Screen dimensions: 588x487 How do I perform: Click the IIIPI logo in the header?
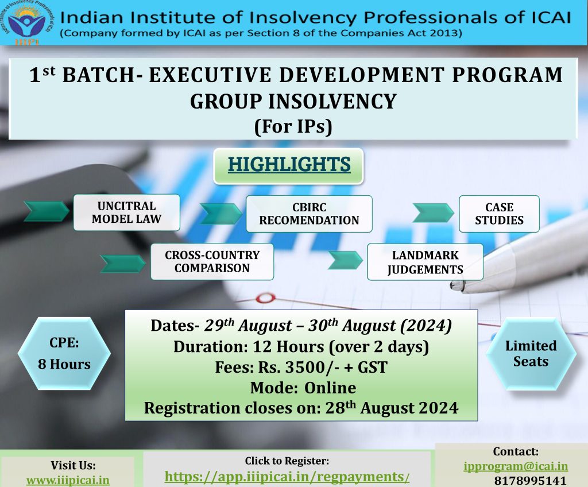coord(26,24)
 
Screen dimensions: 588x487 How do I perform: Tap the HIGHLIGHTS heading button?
coord(289,165)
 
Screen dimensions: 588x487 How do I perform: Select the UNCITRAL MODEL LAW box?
coord(127,212)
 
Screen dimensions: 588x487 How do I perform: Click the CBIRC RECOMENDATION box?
coord(309,214)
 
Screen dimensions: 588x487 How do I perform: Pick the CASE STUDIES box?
coord(499,214)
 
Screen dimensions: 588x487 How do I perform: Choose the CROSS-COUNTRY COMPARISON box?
coord(212,261)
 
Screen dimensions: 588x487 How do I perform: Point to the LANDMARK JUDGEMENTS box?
coord(425,262)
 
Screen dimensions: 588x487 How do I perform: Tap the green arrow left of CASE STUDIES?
coord(433,212)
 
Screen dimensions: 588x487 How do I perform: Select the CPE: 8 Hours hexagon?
coord(64,353)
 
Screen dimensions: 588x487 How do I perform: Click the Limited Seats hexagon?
coord(531,353)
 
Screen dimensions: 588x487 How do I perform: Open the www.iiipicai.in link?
coord(68,480)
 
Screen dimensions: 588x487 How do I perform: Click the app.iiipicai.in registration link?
coord(287,477)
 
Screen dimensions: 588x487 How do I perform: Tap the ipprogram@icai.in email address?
coord(516,466)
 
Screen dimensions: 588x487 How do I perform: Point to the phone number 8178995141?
coord(530,480)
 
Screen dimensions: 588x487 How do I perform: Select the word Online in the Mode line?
coord(330,388)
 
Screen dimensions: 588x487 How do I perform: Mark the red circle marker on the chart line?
coord(265,298)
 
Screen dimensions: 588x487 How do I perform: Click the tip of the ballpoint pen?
coord(452,285)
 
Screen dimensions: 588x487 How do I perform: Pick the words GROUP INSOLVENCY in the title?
coord(293,101)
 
